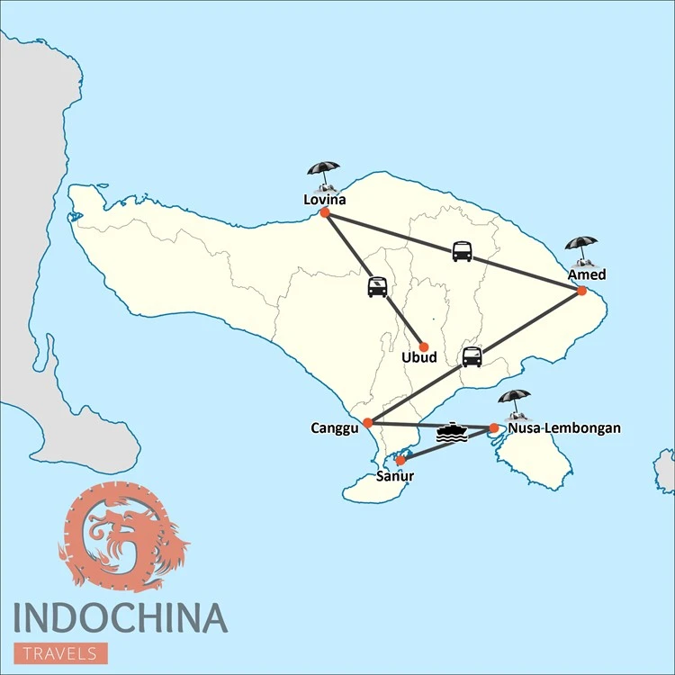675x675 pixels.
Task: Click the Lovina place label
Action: [323, 200]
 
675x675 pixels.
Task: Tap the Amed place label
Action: [586, 274]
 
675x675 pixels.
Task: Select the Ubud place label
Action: [418, 358]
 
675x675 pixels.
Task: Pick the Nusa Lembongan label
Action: [563, 428]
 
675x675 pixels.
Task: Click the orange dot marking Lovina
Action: [324, 213]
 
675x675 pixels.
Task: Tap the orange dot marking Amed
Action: [581, 291]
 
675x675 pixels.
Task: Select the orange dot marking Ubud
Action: [423, 346]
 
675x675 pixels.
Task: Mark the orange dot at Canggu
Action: [367, 422]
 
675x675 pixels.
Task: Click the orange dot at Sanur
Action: [400, 461]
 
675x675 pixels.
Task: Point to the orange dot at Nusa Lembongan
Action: [493, 428]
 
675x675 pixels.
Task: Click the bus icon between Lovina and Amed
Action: [462, 251]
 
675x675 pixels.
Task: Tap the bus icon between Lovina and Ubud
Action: [377, 287]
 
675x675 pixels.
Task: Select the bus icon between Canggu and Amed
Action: [472, 357]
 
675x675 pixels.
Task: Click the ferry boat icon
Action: [452, 433]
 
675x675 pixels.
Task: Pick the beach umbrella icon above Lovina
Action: [323, 174]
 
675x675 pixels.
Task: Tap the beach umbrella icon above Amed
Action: [580, 249]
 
